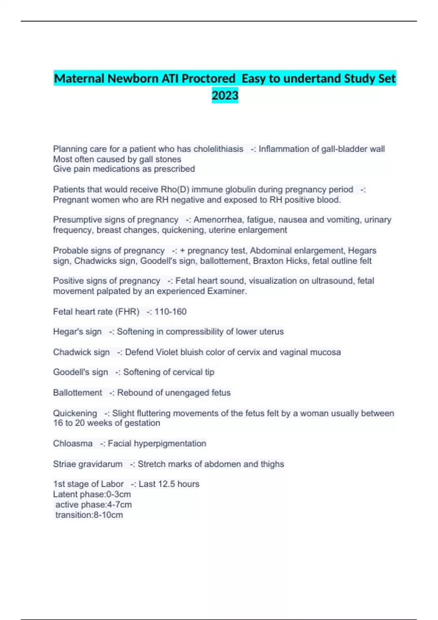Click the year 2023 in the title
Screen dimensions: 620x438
click(225, 96)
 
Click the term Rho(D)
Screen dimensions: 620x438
click(175, 189)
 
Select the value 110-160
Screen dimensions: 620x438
click(170, 312)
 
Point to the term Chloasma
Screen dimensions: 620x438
click(73, 443)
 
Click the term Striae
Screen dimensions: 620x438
click(65, 464)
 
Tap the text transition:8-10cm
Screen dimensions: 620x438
click(89, 515)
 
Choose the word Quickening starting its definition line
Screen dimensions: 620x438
click(75, 413)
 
